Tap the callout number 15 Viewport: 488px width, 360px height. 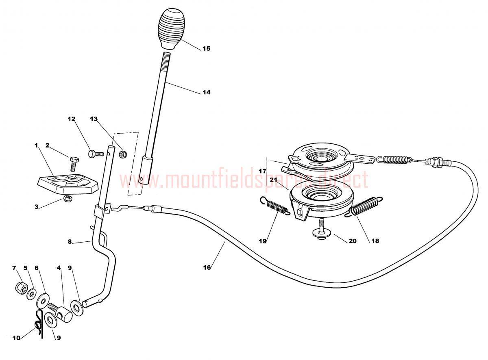tap(206, 49)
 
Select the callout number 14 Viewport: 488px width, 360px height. tap(206, 92)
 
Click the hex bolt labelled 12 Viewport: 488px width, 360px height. tap(96, 154)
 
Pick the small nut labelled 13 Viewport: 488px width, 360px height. tap(122, 154)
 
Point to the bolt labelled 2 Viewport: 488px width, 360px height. tap(74, 164)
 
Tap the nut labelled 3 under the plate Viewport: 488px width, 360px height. tap(68, 199)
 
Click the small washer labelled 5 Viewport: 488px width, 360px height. tap(32, 294)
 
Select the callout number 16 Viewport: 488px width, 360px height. tap(207, 268)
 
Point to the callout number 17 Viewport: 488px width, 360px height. tap(262, 171)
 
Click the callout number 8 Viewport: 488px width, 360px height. tap(70, 242)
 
